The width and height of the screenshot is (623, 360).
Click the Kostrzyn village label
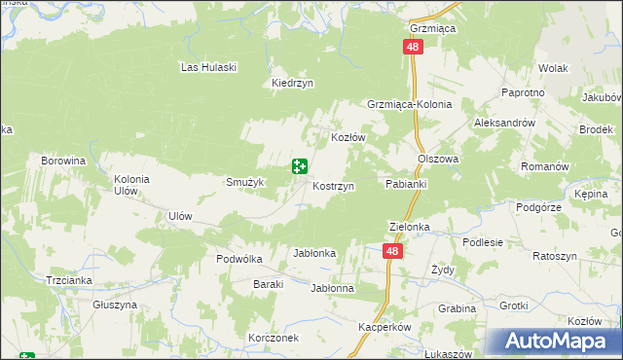(x=333, y=185)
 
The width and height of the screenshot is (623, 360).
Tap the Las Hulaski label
(x=209, y=67)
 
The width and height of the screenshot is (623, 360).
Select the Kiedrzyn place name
(x=292, y=84)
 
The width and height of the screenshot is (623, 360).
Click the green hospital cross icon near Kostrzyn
(x=300, y=167)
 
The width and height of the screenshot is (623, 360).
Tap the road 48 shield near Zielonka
(x=391, y=251)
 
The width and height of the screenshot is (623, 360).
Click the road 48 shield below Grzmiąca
(x=414, y=48)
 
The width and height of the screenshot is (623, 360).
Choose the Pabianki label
(x=407, y=183)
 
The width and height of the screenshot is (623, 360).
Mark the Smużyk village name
(x=246, y=182)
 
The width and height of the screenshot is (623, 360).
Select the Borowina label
(x=63, y=160)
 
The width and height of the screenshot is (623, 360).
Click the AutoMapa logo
(x=560, y=342)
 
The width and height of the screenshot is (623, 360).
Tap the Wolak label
(x=553, y=69)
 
